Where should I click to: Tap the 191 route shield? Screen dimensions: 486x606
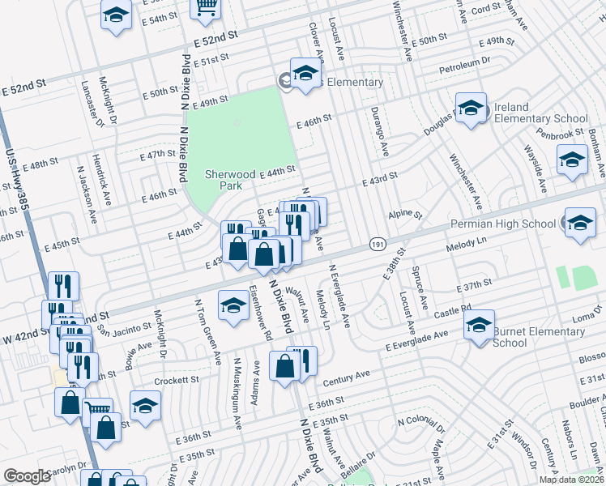[377, 243]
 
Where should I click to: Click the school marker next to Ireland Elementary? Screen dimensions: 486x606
[471, 108]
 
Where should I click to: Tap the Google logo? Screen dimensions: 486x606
[27, 476]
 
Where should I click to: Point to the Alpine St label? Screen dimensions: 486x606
[405, 214]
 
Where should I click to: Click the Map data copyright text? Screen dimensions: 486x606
[572, 480]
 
